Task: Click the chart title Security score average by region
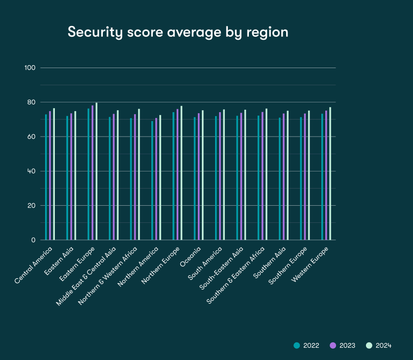[x=178, y=32]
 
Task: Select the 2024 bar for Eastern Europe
[x=97, y=171]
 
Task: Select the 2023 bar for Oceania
[x=199, y=176]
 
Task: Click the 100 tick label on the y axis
[x=30, y=68]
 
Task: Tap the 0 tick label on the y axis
[x=34, y=240]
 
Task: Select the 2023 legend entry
[x=342, y=345]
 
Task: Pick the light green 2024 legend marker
[x=369, y=345]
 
